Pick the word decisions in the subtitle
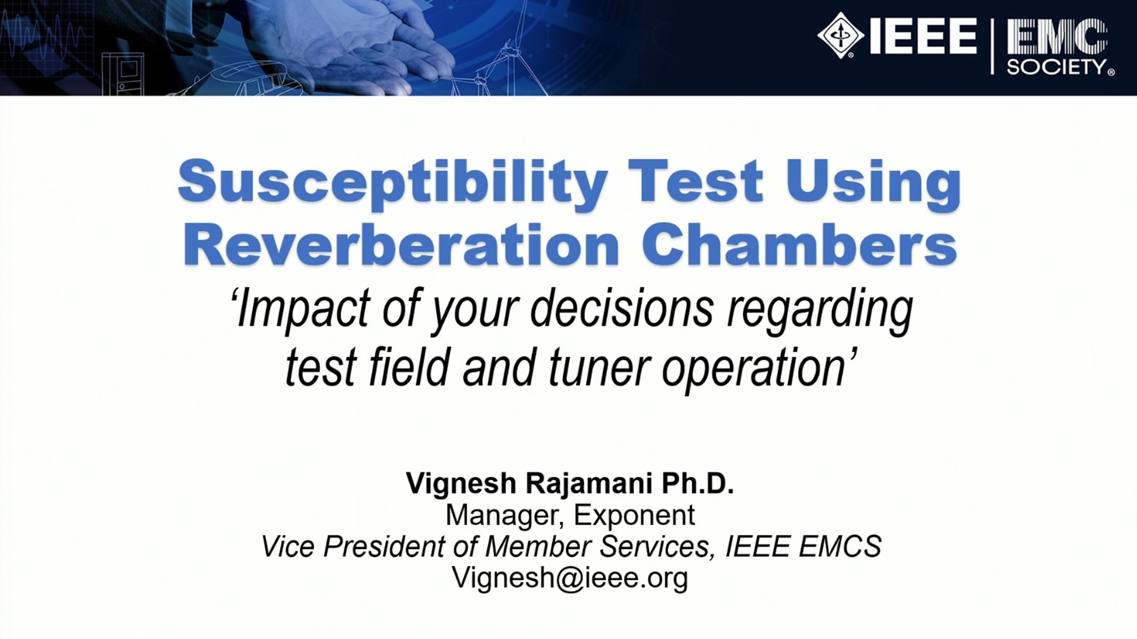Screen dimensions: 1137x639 (621, 308)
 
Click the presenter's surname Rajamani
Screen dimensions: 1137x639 (589, 484)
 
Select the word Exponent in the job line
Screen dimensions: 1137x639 (634, 515)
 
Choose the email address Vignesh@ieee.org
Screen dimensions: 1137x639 (570, 577)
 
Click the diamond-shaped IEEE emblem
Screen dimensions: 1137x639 (841, 36)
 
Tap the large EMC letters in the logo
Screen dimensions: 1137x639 (1058, 37)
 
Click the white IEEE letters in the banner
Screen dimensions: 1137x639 (923, 36)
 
